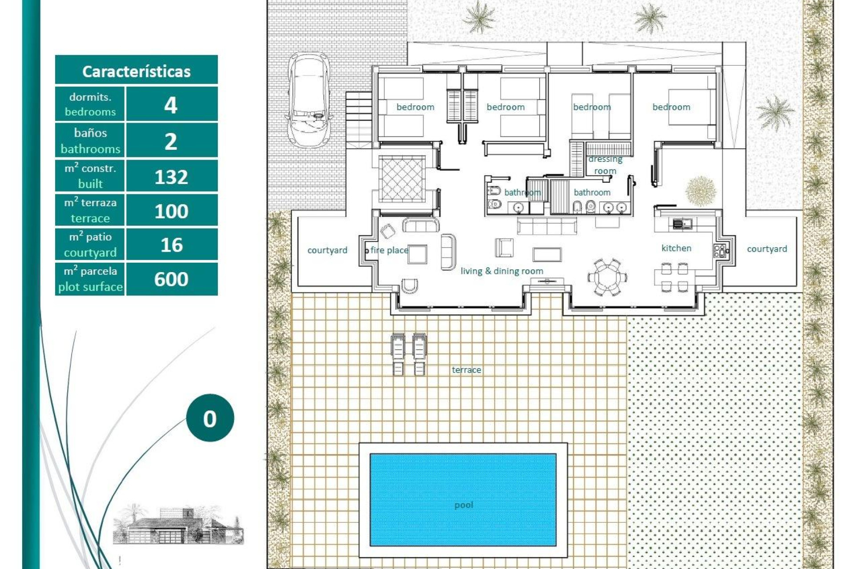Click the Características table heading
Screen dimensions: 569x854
(x=136, y=71)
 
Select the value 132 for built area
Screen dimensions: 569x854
(x=171, y=177)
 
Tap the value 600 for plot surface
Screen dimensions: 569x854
(x=171, y=279)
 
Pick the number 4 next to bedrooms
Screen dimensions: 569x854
(x=171, y=105)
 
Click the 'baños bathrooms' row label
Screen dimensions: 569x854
(x=90, y=140)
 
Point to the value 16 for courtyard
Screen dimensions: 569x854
(x=171, y=245)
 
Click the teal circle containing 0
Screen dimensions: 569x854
(x=210, y=418)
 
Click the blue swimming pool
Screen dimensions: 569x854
(x=463, y=499)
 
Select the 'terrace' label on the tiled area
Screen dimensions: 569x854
(x=466, y=370)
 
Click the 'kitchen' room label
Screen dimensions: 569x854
(x=676, y=248)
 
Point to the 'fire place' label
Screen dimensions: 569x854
(x=389, y=250)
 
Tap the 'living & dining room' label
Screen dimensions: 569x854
(x=502, y=271)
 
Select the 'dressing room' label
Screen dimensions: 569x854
(x=605, y=165)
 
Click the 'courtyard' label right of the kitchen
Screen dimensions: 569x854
(x=767, y=249)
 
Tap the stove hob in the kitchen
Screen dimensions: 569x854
(x=719, y=251)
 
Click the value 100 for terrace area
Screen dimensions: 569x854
(x=171, y=211)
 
